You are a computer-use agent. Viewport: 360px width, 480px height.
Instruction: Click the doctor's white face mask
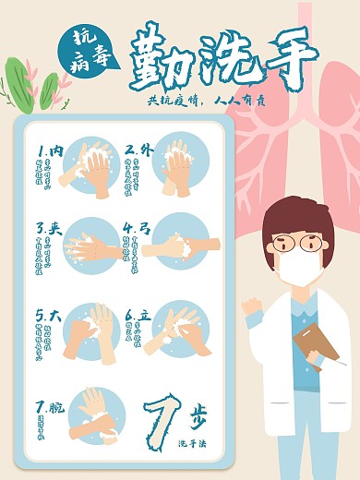point(300,269)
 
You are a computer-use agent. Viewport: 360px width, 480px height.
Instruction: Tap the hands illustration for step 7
point(97,414)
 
